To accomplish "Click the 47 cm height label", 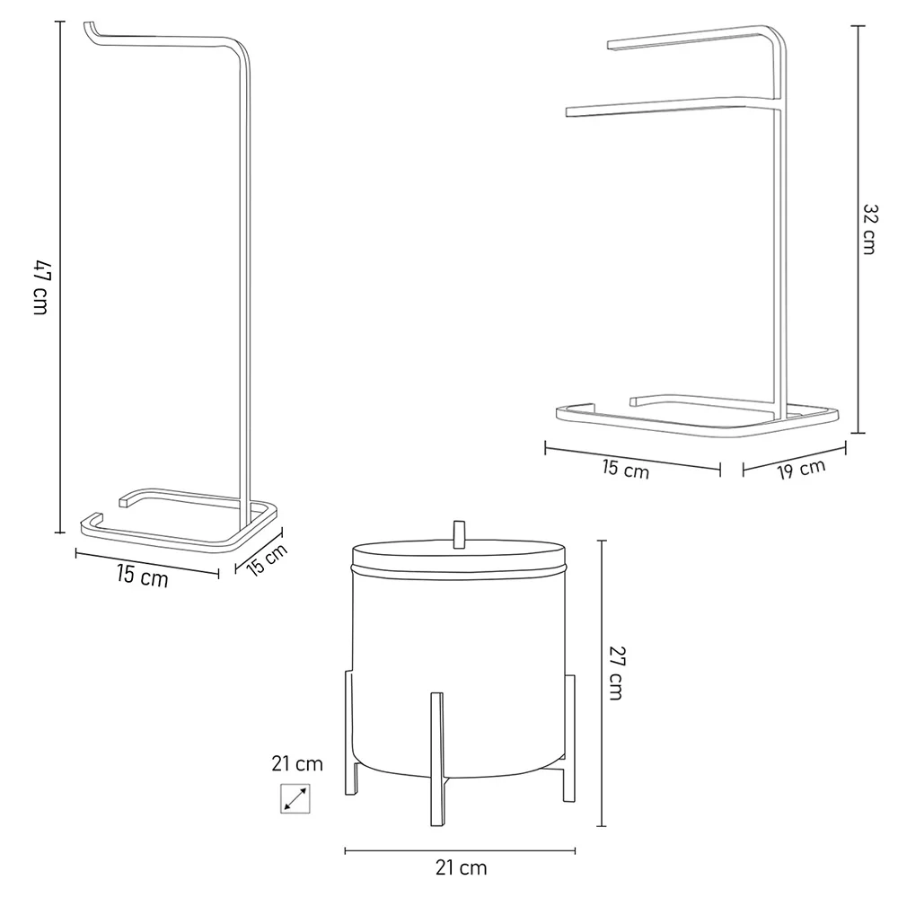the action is pos(40,287).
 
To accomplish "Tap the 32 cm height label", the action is pos(870,228).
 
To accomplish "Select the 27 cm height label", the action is pos(616,673).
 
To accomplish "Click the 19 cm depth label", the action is pos(801,470).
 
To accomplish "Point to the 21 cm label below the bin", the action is pos(461,867).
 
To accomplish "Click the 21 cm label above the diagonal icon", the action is pos(297,763).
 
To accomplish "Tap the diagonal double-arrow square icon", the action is pos(295,798).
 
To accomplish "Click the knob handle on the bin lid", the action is pos(459,534).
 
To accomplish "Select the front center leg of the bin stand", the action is pos(437,759).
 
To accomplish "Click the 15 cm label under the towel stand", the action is pos(625,470).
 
